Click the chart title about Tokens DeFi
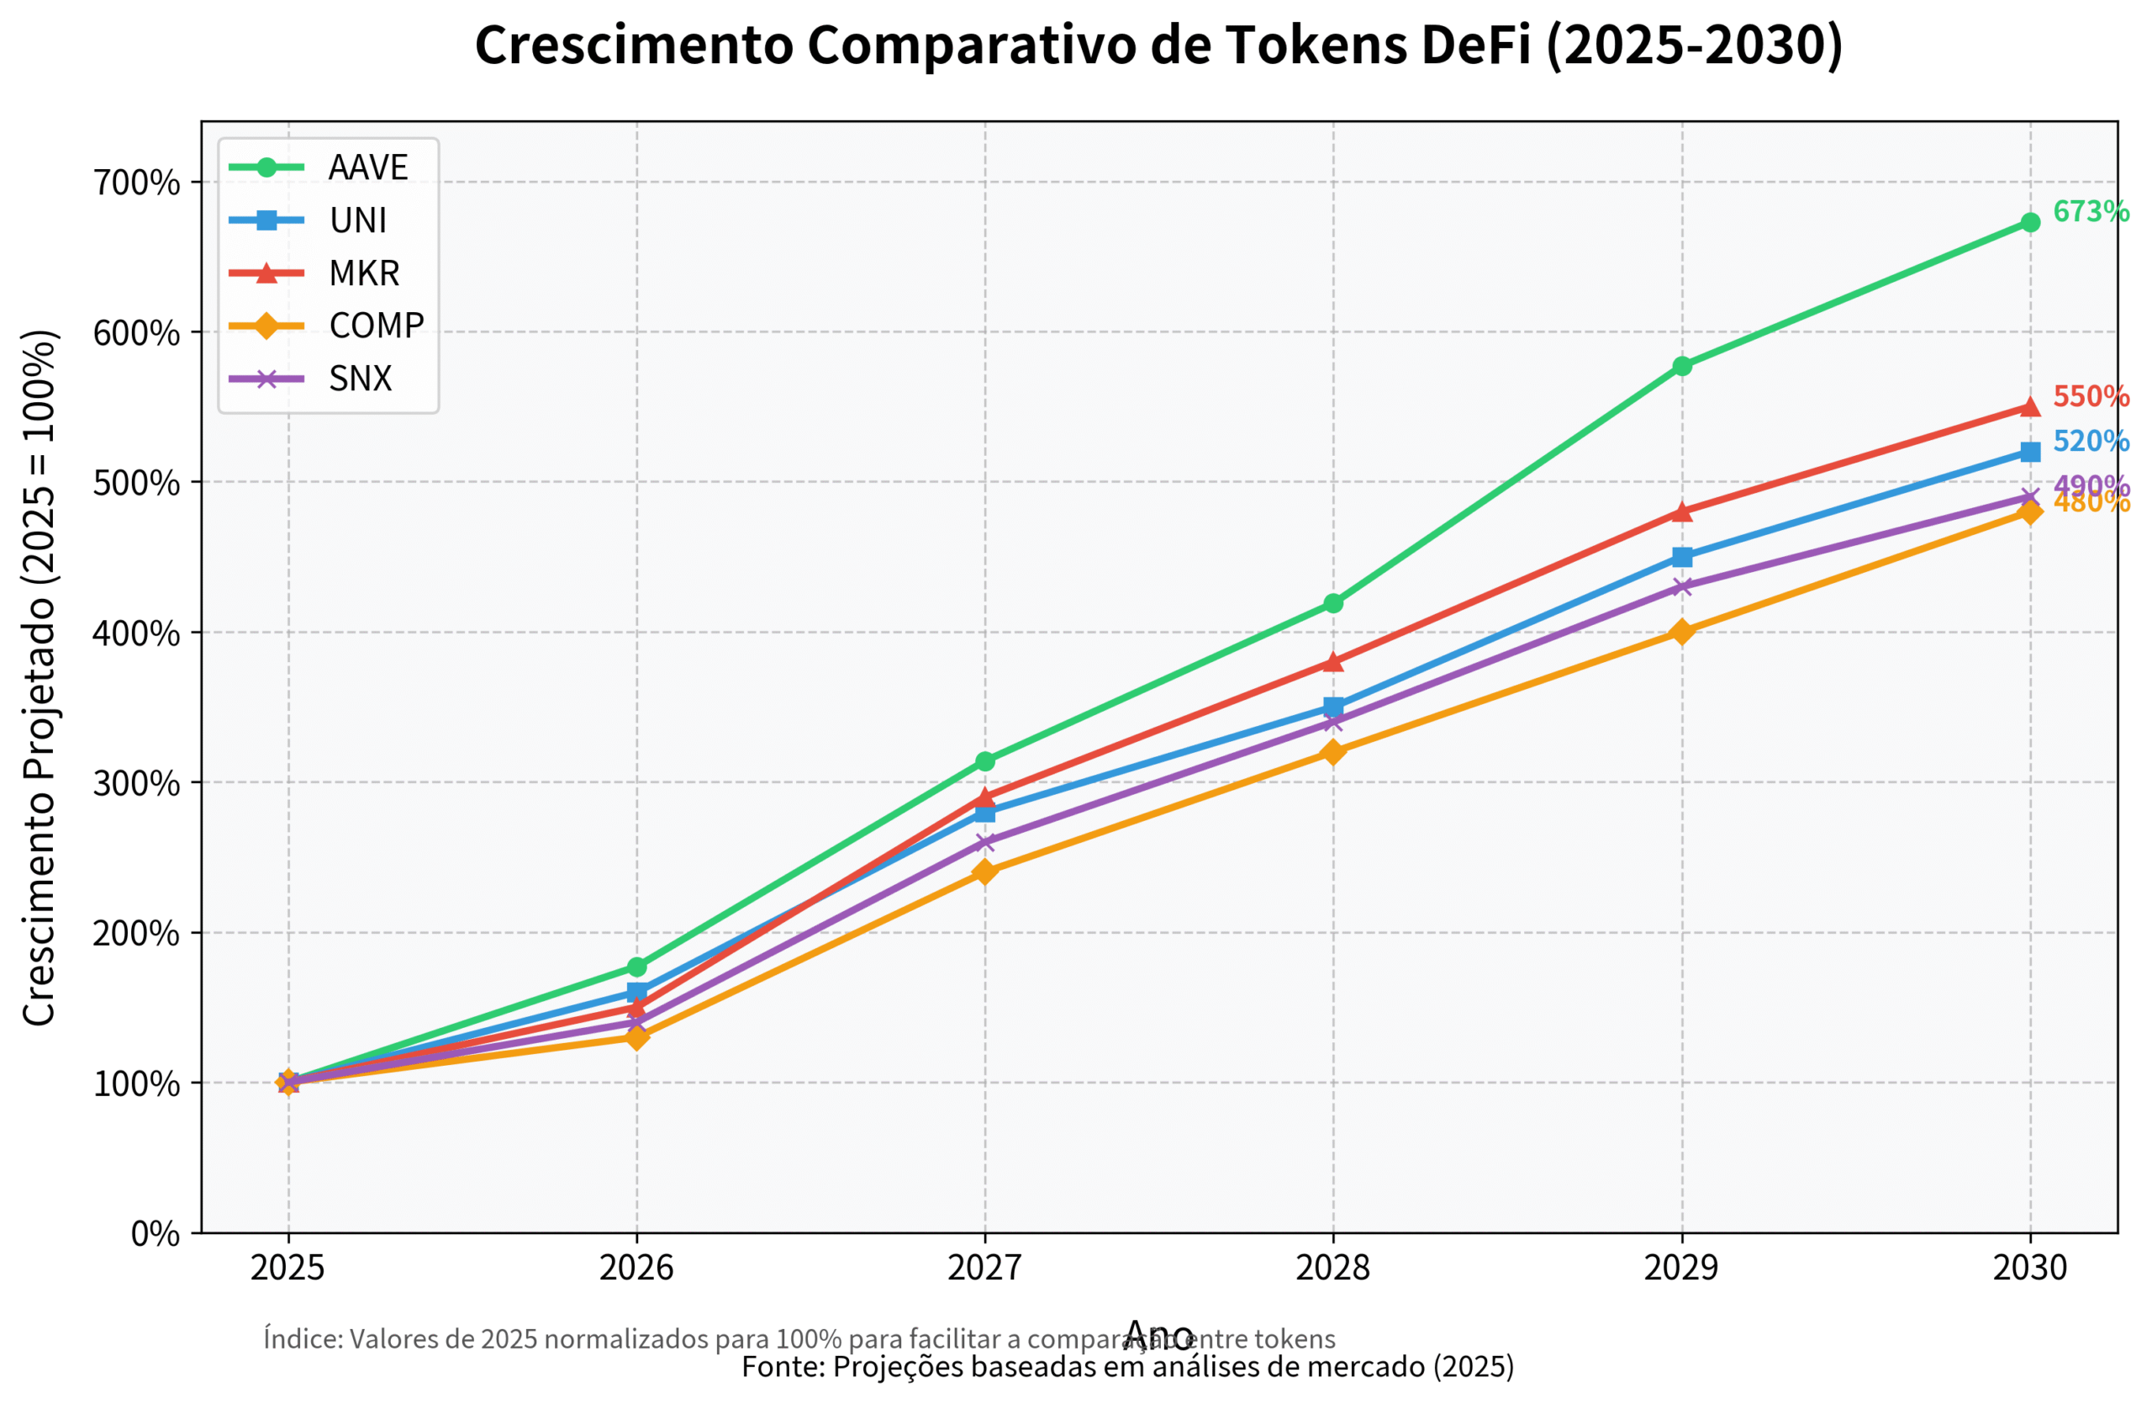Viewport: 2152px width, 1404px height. (x=1158, y=45)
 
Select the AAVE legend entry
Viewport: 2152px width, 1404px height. (x=368, y=167)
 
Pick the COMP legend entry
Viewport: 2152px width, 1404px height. (x=375, y=326)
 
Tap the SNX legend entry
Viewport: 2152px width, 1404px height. (x=360, y=379)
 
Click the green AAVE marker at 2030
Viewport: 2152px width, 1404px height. (x=2030, y=223)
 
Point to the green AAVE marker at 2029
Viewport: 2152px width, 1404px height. (x=1682, y=367)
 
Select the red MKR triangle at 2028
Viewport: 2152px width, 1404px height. (x=1332, y=661)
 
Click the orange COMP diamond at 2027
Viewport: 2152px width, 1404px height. (x=984, y=872)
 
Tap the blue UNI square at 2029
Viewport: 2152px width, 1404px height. (x=1682, y=557)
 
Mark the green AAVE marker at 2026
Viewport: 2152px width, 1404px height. (x=636, y=967)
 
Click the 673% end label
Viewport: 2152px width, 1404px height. (x=2090, y=212)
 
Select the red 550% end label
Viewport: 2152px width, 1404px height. (x=2090, y=396)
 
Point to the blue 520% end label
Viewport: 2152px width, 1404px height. (x=2090, y=442)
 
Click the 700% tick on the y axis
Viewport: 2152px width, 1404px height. (x=137, y=183)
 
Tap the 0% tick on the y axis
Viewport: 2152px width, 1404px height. (x=156, y=1233)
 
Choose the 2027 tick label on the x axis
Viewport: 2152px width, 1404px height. (x=984, y=1269)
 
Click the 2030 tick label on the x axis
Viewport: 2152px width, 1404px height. (x=2030, y=1269)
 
